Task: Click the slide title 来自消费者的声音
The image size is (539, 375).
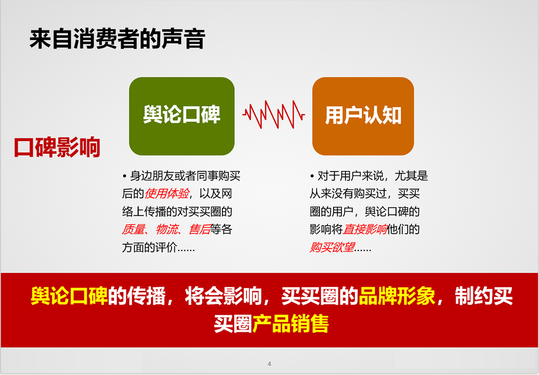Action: coord(117,39)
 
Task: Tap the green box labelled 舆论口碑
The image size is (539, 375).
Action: coord(182,116)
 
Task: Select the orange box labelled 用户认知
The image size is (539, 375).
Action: coord(363,116)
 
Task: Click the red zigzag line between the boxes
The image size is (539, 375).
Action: coord(273,115)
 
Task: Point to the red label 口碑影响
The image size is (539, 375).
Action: coord(57,147)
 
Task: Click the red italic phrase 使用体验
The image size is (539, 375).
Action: coord(167,194)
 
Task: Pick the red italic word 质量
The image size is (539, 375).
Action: coord(133,229)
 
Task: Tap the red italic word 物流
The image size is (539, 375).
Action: coord(167,229)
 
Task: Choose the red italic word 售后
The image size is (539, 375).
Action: coord(200,229)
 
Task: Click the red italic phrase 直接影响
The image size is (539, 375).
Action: coord(365,229)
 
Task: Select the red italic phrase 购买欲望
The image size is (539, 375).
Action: coord(332,247)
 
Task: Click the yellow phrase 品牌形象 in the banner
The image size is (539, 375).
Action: coord(397,296)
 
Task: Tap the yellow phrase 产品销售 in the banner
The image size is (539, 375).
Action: coord(291,324)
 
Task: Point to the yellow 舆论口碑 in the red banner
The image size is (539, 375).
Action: coord(69,296)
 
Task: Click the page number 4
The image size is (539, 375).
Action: coord(269,364)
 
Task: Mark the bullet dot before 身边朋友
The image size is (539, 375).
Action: coord(124,176)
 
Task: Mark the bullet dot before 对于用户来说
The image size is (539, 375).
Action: coord(312,176)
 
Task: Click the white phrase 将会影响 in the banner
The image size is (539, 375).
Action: coord(223,296)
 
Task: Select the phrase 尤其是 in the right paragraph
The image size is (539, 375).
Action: coord(411,176)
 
